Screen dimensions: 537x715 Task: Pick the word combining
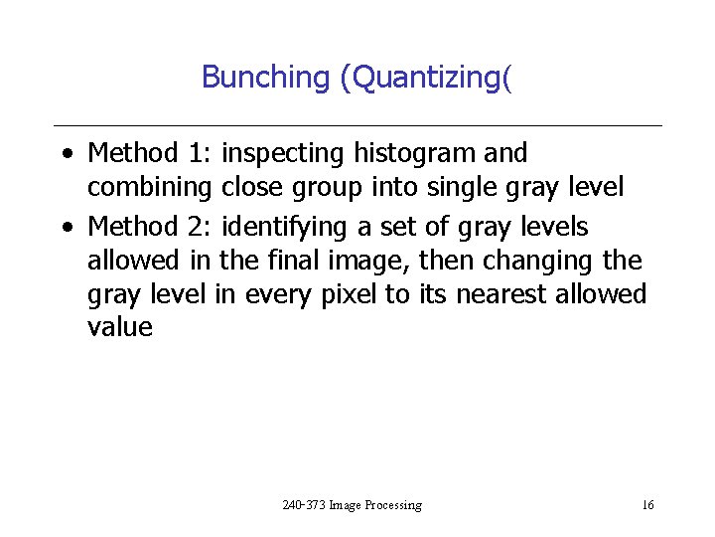click(x=150, y=186)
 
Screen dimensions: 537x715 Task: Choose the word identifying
click(x=284, y=228)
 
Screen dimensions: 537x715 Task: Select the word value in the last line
click(x=120, y=327)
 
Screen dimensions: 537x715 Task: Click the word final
click(x=297, y=262)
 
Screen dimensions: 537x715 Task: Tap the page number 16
click(x=647, y=505)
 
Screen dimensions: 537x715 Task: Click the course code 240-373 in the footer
click(x=302, y=505)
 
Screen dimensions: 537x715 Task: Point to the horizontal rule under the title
click(x=357, y=125)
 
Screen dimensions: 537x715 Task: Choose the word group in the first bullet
click(x=325, y=186)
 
